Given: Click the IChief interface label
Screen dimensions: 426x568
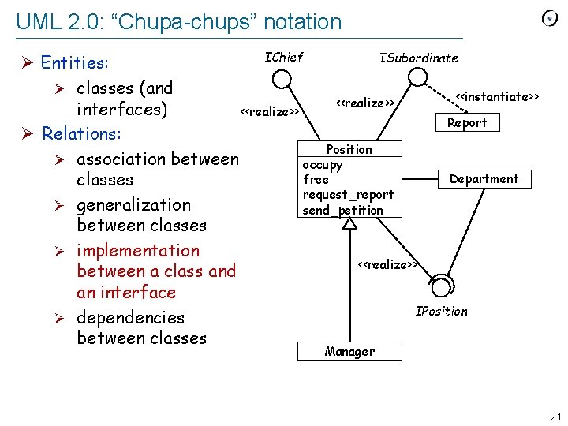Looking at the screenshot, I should (283, 57).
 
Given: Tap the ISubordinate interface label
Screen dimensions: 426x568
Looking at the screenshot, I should (418, 58).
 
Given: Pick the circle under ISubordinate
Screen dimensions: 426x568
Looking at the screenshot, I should (417, 77).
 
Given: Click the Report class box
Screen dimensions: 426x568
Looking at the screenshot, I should (467, 122).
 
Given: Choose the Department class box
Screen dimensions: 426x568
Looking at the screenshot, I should (484, 179).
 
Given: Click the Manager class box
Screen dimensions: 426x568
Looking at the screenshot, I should (349, 351).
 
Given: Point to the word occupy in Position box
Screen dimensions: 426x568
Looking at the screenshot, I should (322, 165).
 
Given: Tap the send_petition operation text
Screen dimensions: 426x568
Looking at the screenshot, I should (342, 210).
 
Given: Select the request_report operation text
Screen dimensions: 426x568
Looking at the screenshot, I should (348, 195).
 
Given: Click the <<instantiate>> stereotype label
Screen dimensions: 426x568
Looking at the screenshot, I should (498, 97).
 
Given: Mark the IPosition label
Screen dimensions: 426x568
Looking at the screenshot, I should (441, 311).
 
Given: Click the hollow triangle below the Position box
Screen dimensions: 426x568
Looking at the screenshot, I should (349, 224).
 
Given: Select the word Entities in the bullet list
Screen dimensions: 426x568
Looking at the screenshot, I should (74, 62).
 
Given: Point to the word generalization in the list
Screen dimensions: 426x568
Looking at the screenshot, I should (133, 205).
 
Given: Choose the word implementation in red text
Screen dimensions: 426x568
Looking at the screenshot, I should (138, 251).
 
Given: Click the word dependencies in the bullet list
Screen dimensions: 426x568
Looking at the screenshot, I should (130, 318).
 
